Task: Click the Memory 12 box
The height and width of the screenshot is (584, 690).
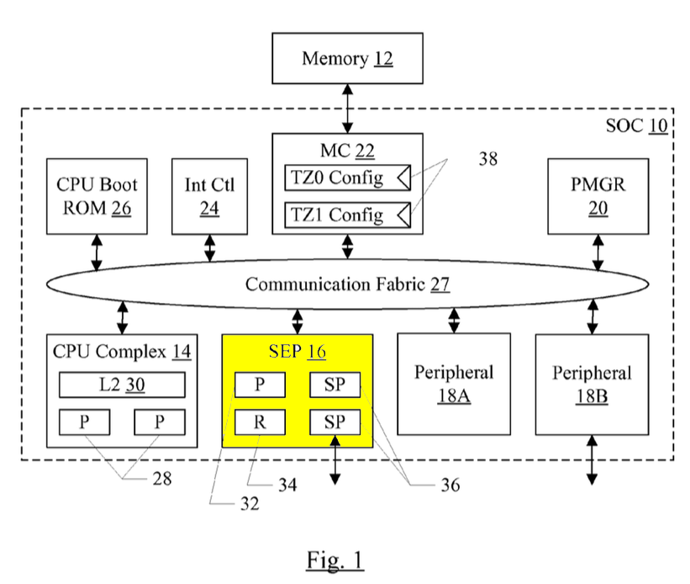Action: tap(347, 58)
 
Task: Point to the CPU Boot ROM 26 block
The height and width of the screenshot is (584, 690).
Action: tap(97, 195)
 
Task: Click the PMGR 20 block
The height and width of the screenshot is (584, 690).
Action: tap(598, 195)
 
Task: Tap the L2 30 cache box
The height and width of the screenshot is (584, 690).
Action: tap(122, 385)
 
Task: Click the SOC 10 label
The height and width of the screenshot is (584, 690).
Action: tap(636, 126)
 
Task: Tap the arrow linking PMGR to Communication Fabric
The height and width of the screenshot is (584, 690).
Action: tap(598, 252)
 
